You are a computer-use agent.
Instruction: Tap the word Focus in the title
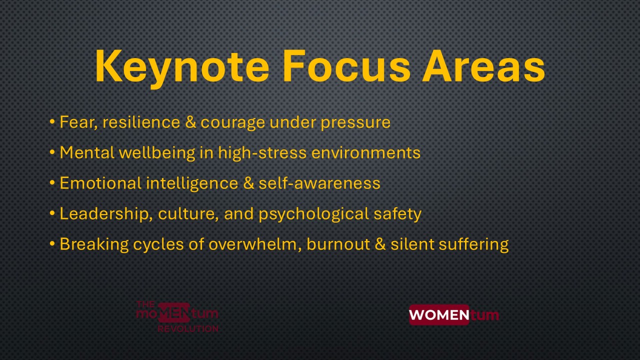pos(346,66)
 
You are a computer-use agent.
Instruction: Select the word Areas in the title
pos(484,66)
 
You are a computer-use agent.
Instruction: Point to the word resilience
pos(141,122)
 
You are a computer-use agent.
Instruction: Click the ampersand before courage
pos(190,122)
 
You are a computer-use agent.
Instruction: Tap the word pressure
pos(355,123)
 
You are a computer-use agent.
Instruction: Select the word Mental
pos(87,152)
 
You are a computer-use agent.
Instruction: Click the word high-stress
pos(262,153)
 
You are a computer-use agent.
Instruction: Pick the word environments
pos(365,152)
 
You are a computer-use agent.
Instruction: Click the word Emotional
pos(100,183)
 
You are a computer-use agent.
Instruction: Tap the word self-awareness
pos(319,183)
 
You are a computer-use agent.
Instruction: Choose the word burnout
pos(338,244)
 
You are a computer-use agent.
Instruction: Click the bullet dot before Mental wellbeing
pos(52,152)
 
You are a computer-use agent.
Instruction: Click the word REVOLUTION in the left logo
pos(188,328)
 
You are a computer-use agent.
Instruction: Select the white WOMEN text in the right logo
pos(439,315)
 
